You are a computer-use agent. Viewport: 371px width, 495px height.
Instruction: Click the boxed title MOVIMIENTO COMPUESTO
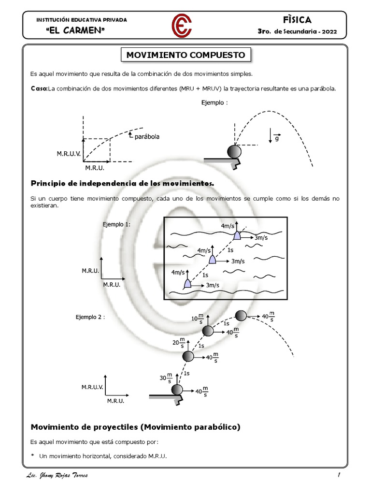pos(185,55)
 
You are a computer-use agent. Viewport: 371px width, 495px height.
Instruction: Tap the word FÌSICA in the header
pos(298,20)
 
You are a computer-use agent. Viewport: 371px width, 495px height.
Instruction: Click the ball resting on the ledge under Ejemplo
pos(234,152)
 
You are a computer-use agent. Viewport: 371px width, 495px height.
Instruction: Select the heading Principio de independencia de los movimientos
pos(122,183)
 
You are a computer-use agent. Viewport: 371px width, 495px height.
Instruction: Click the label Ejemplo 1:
pos(116,224)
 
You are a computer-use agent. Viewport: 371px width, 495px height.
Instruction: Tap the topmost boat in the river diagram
pos(237,235)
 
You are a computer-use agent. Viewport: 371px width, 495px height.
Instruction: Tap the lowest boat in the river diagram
pos(187,284)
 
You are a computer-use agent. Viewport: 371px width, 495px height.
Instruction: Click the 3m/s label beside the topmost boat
pos(261,238)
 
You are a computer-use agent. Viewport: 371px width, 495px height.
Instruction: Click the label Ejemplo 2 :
pos(90,317)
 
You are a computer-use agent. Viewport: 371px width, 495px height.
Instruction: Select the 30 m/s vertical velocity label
pos(166,379)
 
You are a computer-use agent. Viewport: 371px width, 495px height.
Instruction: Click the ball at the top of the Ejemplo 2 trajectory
pos(241,316)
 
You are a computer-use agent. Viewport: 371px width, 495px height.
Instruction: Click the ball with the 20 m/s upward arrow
pos(188,357)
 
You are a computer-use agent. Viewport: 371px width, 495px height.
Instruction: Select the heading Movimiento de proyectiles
pos(135,427)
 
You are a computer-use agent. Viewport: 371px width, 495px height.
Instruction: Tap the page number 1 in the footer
pos(340,476)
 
